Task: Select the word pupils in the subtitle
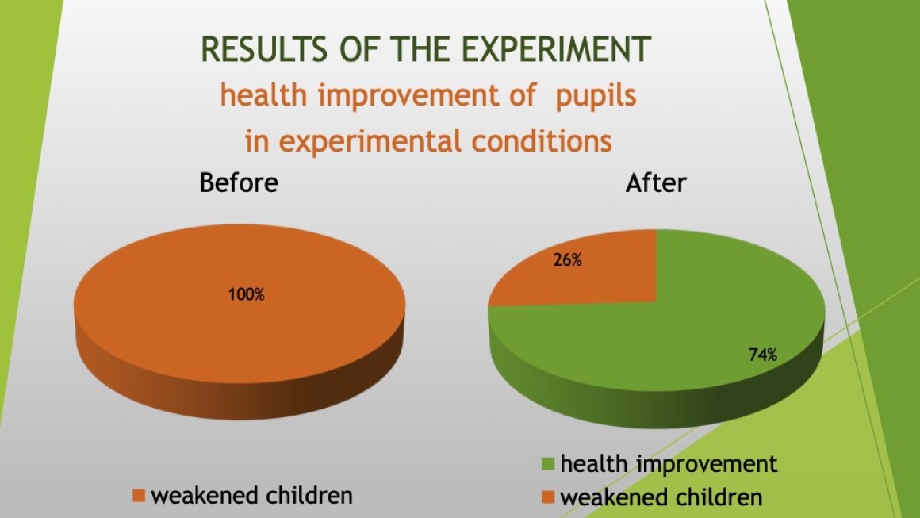click(x=596, y=96)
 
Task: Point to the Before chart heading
click(x=239, y=182)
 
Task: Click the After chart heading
click(x=655, y=183)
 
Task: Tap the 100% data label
click(x=247, y=294)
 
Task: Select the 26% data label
click(x=567, y=260)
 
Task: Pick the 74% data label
click(x=763, y=355)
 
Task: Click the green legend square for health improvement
click(x=548, y=464)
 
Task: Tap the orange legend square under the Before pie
click(x=139, y=496)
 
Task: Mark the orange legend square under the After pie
click(x=548, y=497)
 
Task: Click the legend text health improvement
click(x=669, y=464)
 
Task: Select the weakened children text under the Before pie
click(x=251, y=496)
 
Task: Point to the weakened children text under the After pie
click(x=661, y=497)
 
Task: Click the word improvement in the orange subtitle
click(x=426, y=96)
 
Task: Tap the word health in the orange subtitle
click(x=263, y=95)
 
